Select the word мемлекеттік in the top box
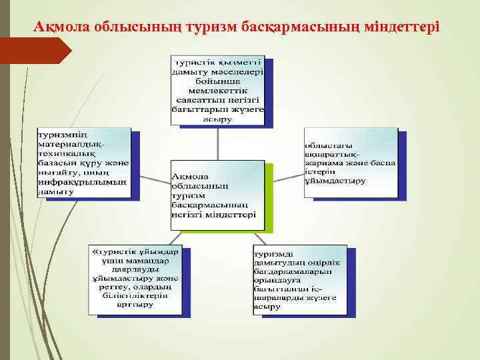click(218, 87)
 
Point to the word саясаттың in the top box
click(200, 98)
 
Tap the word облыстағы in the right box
click(329, 145)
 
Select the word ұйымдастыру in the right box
click(335, 181)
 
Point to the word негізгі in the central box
click(189, 215)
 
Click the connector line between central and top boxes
click(218, 142)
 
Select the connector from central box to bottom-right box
click(261, 239)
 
